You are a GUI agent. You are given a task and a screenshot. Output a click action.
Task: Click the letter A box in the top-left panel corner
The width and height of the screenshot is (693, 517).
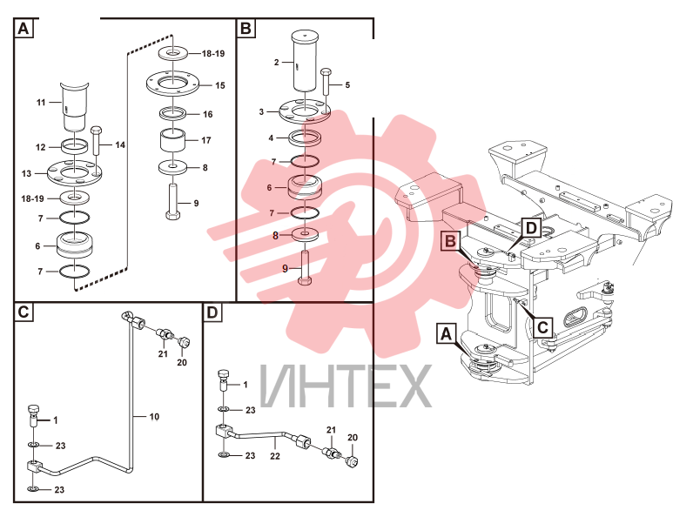[x=24, y=29]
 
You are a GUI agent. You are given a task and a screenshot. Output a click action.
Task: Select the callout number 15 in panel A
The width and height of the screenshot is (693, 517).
[x=220, y=85]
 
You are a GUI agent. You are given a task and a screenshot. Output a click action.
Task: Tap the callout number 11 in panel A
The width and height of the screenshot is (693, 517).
[x=41, y=103]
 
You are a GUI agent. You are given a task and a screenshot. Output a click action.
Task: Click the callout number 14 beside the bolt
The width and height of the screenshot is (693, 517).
[x=120, y=145]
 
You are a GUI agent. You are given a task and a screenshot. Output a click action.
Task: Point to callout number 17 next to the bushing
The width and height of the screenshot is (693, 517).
[x=206, y=140]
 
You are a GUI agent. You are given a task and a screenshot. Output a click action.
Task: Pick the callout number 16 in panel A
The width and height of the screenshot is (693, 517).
[x=208, y=114]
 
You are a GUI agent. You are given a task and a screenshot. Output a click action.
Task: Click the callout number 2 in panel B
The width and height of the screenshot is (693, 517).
[x=277, y=63]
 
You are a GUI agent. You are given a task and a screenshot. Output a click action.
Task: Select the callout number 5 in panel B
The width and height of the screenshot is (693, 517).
[x=347, y=84]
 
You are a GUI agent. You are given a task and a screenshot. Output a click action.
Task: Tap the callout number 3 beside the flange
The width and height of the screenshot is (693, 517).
[x=261, y=111]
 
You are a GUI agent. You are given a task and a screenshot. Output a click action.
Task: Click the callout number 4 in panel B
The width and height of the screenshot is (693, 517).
[x=271, y=138]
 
